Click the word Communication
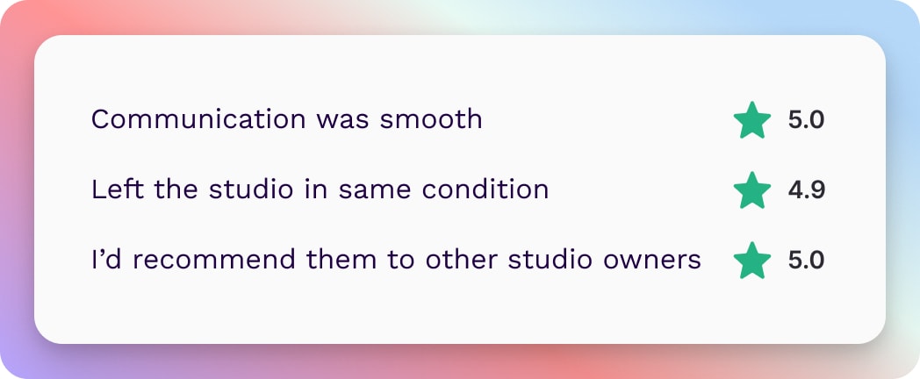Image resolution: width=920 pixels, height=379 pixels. (198, 119)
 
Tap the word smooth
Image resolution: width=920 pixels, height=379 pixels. (431, 119)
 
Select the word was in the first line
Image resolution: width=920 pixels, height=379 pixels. (342, 122)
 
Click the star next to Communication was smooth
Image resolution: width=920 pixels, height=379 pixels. (752, 120)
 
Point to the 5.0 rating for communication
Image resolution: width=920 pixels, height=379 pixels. (806, 120)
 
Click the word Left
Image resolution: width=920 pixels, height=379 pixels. (117, 189)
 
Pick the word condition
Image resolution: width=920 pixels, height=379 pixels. (485, 189)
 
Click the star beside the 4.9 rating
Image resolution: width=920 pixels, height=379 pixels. (752, 190)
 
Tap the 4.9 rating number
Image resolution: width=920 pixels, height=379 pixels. (807, 190)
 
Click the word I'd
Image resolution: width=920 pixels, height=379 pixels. (106, 260)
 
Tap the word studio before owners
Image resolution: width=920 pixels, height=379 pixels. (550, 260)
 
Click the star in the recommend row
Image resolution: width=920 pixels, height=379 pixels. (752, 260)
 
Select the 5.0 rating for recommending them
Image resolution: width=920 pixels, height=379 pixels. (806, 260)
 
